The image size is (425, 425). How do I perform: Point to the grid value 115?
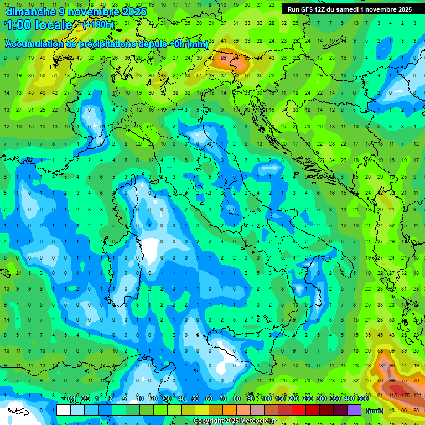[x=392, y=395]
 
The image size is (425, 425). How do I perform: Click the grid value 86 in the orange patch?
[x=224, y=57]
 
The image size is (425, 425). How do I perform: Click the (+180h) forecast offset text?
[x=99, y=25]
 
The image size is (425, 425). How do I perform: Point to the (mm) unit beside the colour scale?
[x=375, y=411]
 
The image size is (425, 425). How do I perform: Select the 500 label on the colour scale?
[x=362, y=399]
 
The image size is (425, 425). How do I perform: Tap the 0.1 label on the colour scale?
[x=71, y=399]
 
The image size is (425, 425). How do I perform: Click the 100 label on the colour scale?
[x=266, y=399]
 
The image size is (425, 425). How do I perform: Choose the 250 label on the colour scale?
[x=307, y=399]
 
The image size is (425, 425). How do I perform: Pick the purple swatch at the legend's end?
[x=354, y=410]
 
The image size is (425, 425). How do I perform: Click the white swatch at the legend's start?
[x=64, y=410]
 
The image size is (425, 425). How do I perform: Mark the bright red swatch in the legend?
[x=299, y=410]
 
